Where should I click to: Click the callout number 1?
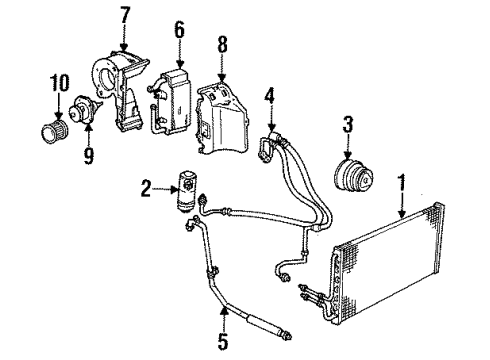pos(401,184)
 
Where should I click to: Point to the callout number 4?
pos(268,97)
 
